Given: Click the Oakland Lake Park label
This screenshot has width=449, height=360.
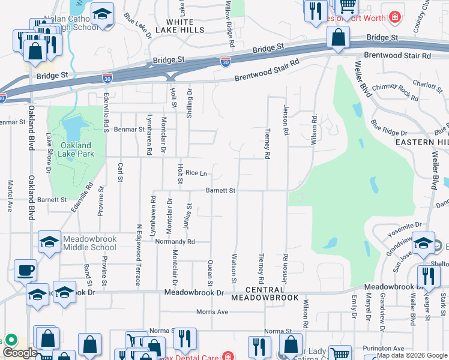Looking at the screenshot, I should pyautogui.click(x=76, y=149).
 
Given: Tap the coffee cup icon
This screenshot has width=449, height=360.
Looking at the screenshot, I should pyautogui.click(x=25, y=270).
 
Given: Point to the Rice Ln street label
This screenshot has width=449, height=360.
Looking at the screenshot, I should pyautogui.click(x=196, y=173).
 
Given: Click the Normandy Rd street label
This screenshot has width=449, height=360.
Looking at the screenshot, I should pyautogui.click(x=175, y=242).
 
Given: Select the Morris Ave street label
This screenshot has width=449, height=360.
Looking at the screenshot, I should pyautogui.click(x=212, y=312).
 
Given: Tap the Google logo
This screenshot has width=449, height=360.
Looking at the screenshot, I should pyautogui.click(x=20, y=353).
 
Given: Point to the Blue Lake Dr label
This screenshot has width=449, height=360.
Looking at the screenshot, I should pyautogui.click(x=137, y=26).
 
